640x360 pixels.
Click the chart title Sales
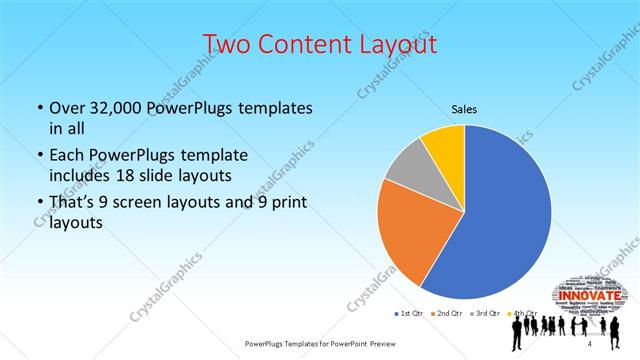point(464,108)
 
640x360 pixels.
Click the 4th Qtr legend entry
point(519,313)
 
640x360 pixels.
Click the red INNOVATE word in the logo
point(588,296)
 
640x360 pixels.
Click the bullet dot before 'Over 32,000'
point(39,108)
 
